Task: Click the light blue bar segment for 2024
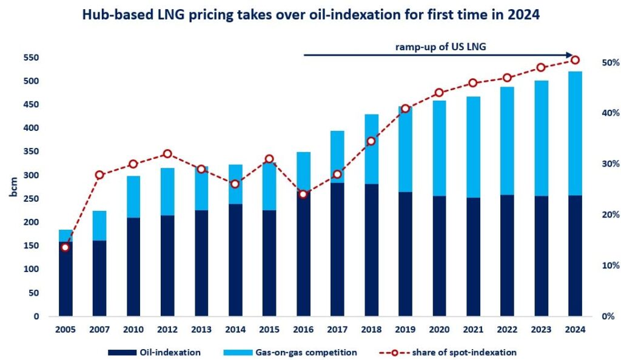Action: click(575, 133)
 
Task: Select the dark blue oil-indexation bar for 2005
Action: click(65, 279)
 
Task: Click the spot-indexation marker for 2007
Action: click(100, 175)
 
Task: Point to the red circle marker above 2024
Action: click(575, 60)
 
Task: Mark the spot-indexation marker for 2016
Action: click(304, 194)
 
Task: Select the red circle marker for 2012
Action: click(168, 154)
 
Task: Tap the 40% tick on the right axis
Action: click(608, 113)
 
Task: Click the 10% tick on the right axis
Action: click(608, 265)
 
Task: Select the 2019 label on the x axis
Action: click(405, 330)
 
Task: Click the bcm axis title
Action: click(13, 187)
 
